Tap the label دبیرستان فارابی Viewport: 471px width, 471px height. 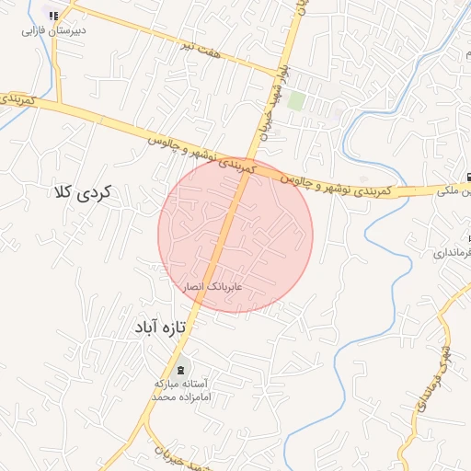coord(54,29)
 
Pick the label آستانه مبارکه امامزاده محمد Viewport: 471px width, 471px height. coord(180,388)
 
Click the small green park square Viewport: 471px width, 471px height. coord(295,100)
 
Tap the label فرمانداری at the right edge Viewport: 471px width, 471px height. coord(456,252)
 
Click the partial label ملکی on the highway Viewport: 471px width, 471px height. coord(455,192)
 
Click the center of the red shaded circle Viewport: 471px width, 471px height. coord(235,235)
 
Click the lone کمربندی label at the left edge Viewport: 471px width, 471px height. coord(17,97)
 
